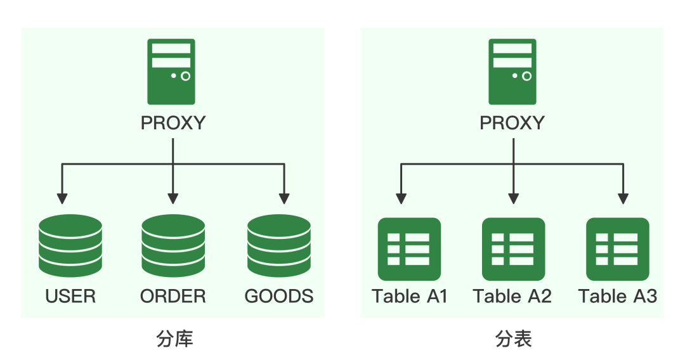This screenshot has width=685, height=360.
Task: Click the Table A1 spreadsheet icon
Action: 409,249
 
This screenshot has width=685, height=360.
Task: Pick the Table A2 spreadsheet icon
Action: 513,249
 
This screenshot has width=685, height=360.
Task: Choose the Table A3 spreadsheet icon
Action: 617,249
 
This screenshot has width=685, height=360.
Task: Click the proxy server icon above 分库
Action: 171,72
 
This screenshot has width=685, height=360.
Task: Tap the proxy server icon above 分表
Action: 512,72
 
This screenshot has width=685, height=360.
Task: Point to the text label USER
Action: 70,296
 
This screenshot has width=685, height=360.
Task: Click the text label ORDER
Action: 173,296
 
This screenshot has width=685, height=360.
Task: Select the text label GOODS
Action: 279,296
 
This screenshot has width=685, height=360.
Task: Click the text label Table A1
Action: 410,296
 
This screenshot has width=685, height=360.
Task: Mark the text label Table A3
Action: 617,296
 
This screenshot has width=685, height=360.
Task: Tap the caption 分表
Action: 513,339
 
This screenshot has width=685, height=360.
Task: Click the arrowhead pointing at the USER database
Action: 62,198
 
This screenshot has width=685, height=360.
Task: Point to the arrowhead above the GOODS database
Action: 284,198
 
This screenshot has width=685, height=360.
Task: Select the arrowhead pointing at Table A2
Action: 513,198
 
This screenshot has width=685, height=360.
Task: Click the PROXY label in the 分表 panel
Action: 512,123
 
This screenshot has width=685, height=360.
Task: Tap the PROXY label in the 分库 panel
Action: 173,123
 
